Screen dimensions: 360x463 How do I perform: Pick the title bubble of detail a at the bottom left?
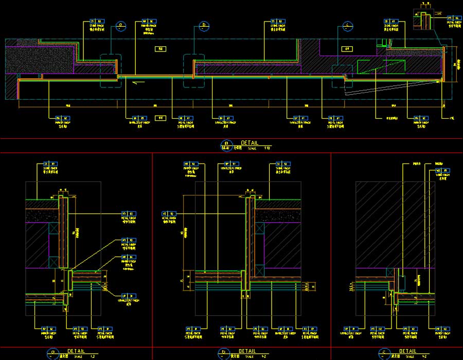51,353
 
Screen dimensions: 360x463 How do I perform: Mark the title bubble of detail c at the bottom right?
384,353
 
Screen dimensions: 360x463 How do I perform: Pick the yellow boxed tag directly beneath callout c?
348,49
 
